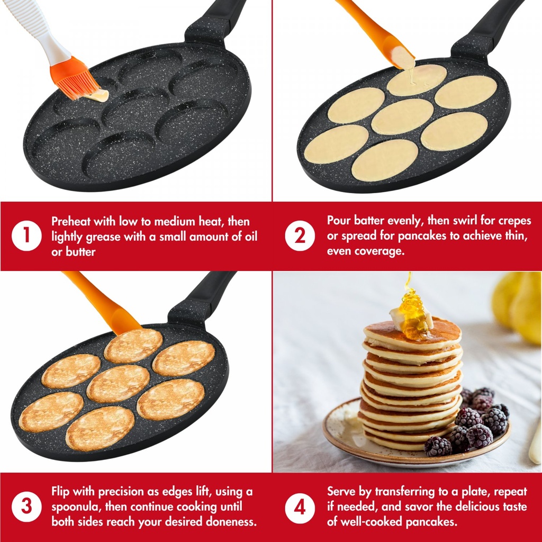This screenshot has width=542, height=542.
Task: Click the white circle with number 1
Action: tap(26, 236)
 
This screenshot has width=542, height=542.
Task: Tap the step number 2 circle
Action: tap(300, 236)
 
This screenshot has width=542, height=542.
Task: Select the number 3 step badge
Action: tap(26, 507)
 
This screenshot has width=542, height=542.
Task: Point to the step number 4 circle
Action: tap(300, 507)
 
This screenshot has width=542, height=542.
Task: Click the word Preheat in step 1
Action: tap(70, 221)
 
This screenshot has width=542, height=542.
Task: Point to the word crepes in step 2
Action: tap(514, 221)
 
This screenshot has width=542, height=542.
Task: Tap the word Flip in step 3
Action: tap(60, 491)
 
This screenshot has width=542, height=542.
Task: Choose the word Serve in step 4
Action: tap(340, 491)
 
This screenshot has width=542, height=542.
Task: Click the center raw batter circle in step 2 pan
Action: tap(402, 116)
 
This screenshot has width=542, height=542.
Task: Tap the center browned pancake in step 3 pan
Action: tap(118, 384)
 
